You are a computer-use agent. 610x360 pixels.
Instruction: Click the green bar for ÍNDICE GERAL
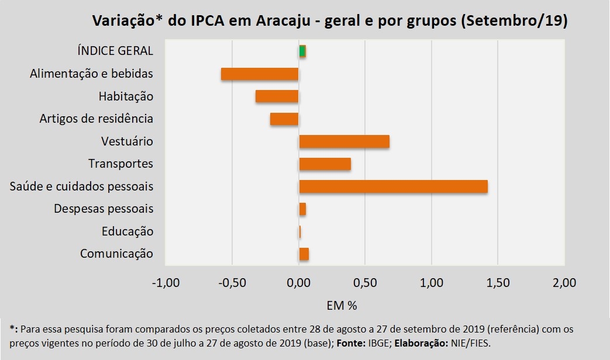302,51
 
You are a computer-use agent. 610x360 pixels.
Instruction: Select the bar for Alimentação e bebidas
260,74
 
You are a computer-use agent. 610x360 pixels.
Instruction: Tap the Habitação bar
277,96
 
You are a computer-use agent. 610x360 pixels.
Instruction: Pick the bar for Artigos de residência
284,119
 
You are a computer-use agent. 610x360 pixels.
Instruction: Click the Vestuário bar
344,141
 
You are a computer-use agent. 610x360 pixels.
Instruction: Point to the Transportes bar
325,164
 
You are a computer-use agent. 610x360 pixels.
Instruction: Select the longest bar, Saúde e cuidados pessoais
393,186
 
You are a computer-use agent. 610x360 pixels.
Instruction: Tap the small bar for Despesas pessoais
302,209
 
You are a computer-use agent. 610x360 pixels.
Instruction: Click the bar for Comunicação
304,254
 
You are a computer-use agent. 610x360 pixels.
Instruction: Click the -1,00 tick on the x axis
166,283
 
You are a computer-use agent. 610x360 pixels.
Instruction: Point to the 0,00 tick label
298,283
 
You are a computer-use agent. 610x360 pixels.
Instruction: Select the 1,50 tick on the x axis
498,283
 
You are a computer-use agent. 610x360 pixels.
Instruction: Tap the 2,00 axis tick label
564,283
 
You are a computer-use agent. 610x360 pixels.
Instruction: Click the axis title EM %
340,305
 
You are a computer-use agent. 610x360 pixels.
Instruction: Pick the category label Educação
127,231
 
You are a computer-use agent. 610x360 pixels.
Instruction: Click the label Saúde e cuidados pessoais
81,186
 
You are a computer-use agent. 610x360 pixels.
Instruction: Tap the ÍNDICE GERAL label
115,51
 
